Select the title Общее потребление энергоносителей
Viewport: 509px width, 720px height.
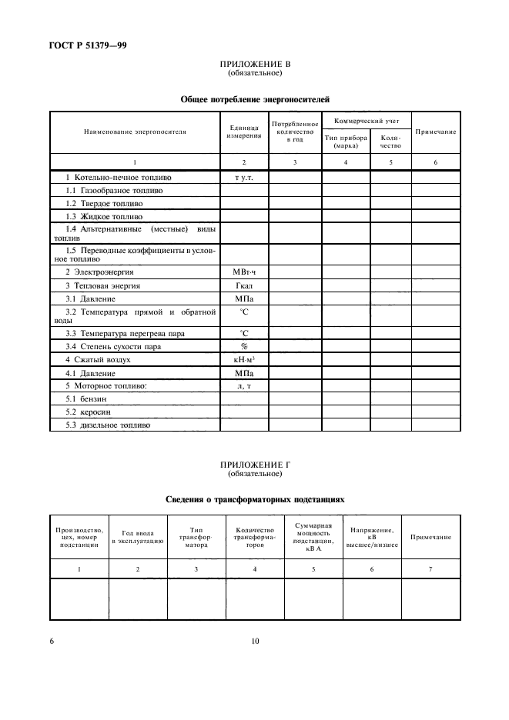[255, 99]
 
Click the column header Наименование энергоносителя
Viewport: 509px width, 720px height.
[135, 132]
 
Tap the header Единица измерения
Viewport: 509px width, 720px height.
[243, 132]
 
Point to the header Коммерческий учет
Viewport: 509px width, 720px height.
[366, 121]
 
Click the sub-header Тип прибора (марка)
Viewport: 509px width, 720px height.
[346, 142]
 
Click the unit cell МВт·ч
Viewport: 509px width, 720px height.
[243, 272]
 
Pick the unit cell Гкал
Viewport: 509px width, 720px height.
[243, 285]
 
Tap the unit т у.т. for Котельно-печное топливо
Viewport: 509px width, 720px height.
[243, 177]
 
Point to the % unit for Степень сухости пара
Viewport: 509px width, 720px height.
[243, 346]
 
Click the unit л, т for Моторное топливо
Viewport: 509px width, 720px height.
[243, 385]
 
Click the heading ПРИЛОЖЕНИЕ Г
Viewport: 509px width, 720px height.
[255, 465]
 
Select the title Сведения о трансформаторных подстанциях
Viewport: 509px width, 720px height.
[255, 499]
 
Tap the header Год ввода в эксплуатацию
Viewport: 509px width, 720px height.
[138, 537]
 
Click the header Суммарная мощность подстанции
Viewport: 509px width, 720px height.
[313, 537]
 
